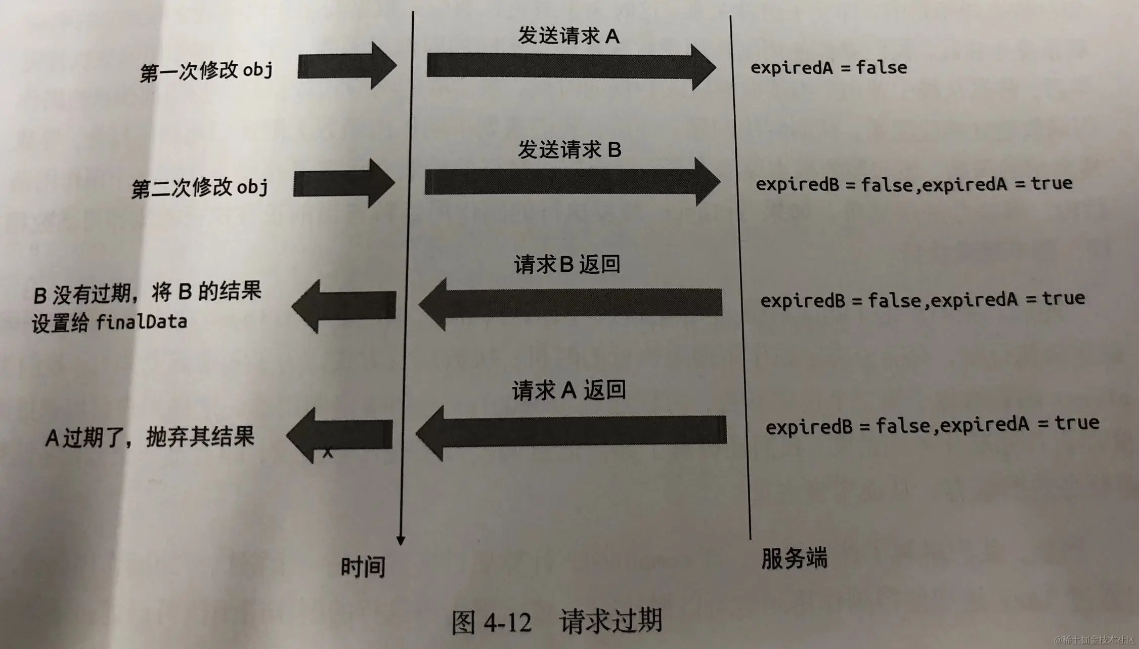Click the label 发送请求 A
coord(568,36)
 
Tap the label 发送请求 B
coord(569,150)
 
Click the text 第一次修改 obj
coord(206,71)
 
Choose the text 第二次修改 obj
coord(200,188)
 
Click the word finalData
coord(142,322)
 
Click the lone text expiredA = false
coord(828,67)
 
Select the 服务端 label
coord(794,559)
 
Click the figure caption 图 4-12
coord(491,622)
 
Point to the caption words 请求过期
coord(610,621)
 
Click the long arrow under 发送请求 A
coord(571,66)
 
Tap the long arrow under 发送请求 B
coord(572,182)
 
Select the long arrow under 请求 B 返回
coord(571,303)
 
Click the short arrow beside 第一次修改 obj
coord(347,66)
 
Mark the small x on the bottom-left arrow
coord(328,453)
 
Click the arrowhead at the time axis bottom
coord(401,540)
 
